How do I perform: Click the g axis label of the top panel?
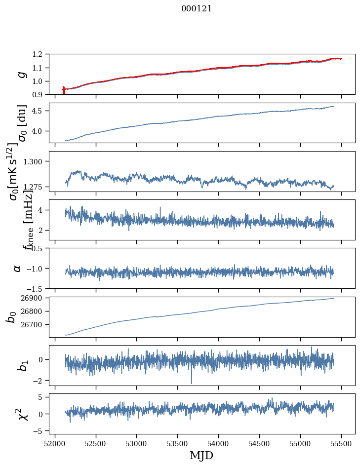point(21,74)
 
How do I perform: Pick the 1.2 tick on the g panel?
point(42,54)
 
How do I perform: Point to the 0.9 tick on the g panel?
point(42,94)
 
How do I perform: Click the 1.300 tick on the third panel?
point(38,161)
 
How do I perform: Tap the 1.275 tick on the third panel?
point(38,187)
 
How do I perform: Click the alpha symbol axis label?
point(18,268)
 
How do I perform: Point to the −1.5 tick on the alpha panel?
point(39,288)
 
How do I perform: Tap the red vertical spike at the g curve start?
point(64,90)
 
